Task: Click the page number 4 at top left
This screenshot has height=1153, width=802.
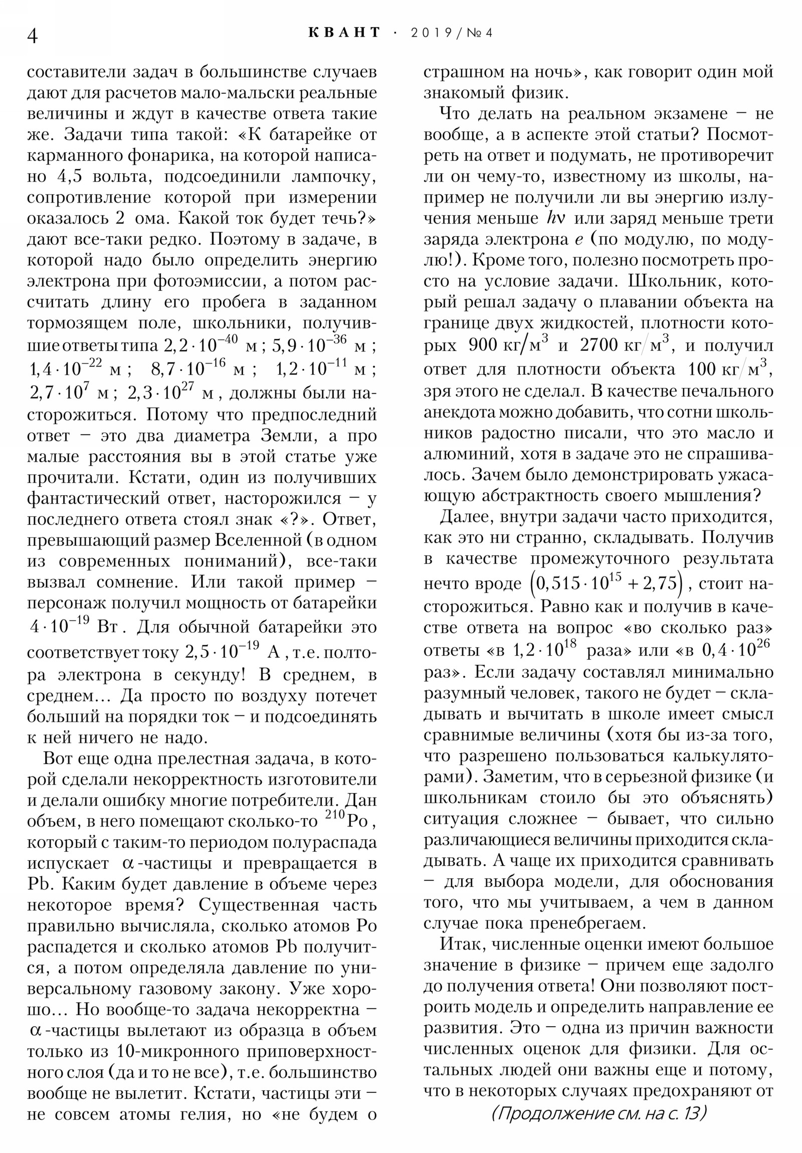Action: (x=32, y=36)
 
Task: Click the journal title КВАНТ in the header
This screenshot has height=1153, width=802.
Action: (x=344, y=33)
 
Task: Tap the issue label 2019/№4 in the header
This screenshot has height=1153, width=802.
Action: (x=452, y=33)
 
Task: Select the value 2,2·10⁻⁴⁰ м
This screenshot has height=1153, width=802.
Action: (x=211, y=345)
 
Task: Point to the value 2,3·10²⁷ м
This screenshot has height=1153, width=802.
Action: (x=171, y=393)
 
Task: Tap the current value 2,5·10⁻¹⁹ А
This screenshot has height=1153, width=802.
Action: (x=232, y=652)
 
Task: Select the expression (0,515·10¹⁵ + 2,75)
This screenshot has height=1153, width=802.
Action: (x=606, y=583)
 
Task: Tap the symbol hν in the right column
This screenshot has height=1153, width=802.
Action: (x=554, y=219)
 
